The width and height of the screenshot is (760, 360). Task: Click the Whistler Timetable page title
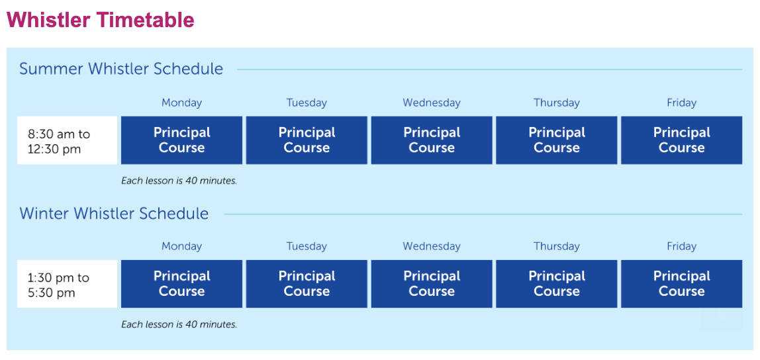click(x=101, y=20)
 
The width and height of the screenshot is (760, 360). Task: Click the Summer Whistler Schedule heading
click(x=121, y=69)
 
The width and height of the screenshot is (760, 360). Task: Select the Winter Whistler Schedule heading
click(x=114, y=213)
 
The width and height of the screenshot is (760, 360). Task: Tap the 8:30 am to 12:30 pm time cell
click(x=67, y=140)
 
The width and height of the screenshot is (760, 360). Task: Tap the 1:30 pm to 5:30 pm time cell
click(x=67, y=285)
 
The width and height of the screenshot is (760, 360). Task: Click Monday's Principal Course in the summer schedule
click(x=182, y=140)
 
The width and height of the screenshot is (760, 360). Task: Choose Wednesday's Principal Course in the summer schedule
click(x=432, y=140)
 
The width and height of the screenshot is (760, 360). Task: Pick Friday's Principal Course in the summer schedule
click(x=681, y=140)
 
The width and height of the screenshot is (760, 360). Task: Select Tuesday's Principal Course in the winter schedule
click(x=307, y=285)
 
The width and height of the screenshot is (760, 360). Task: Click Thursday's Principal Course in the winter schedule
click(x=557, y=285)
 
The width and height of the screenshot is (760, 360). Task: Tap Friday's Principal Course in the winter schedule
click(x=681, y=285)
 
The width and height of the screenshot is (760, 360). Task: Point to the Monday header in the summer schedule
click(x=182, y=103)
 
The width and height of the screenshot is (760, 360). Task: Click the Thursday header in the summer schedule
click(x=557, y=103)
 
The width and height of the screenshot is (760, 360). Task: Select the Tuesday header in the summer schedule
click(x=307, y=103)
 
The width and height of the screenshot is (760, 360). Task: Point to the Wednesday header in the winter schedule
click(x=432, y=247)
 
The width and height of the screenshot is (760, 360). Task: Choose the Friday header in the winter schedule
click(x=681, y=247)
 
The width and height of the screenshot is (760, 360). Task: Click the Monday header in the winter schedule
click(x=182, y=247)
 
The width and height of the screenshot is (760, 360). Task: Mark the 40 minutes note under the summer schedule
click(x=179, y=181)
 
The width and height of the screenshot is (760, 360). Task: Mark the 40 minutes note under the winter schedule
click(x=179, y=325)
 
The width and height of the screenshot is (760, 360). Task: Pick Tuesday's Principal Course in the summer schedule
click(x=307, y=140)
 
